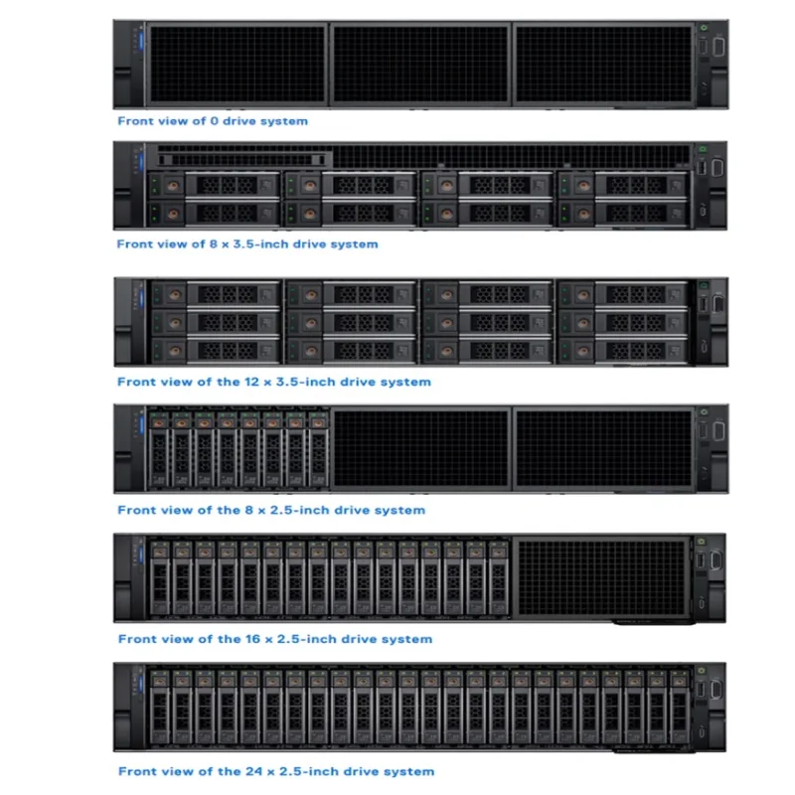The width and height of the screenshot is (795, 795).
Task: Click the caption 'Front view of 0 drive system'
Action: [213, 121]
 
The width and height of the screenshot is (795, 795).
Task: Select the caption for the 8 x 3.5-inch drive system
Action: [247, 243]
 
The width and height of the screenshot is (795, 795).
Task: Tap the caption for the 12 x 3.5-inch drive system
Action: [273, 382]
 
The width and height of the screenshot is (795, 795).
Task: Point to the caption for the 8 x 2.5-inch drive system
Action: [270, 510]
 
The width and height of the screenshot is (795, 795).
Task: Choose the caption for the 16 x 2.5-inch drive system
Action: [274, 639]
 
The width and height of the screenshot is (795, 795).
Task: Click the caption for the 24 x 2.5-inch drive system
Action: [275, 771]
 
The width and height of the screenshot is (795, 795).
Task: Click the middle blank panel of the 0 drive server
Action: [419, 65]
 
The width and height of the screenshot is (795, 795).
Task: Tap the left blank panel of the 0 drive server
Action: [236, 65]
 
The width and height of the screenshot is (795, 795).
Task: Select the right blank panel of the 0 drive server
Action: [603, 65]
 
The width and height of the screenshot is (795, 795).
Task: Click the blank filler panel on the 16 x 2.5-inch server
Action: [603, 578]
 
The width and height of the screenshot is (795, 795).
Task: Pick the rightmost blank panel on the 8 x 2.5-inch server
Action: [603, 449]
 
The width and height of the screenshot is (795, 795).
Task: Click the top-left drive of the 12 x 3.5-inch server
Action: [216, 294]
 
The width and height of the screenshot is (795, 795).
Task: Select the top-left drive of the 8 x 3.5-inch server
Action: [216, 185]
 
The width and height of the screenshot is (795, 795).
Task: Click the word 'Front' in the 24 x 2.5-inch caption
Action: [136, 771]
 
